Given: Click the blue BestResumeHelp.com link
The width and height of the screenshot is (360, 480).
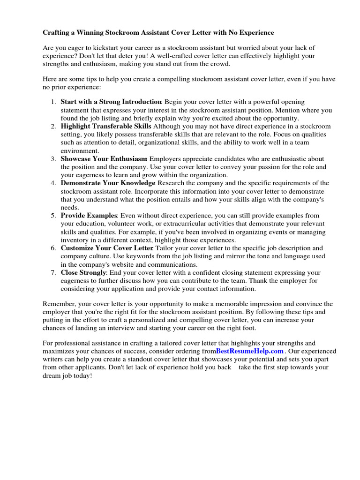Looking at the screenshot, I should point(250,351).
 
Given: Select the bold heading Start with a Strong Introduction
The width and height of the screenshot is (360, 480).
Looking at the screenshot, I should point(111,102).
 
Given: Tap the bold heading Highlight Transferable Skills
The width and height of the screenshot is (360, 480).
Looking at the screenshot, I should point(106,127).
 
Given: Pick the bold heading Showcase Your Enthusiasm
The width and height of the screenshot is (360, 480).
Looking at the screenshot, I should point(104,159).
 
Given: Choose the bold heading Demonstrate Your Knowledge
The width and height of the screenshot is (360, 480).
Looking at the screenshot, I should point(108,183).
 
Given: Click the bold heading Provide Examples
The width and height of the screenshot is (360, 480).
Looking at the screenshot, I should point(89,216).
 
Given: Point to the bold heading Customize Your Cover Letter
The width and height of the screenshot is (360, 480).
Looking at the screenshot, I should point(107,248).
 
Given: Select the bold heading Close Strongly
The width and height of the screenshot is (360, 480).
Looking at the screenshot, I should point(83,272).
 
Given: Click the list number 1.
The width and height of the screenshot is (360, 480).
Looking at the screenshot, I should point(53,102).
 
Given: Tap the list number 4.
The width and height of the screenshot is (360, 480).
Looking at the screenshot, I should point(53,183).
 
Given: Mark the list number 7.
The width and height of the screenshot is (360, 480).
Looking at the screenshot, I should point(53,272).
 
